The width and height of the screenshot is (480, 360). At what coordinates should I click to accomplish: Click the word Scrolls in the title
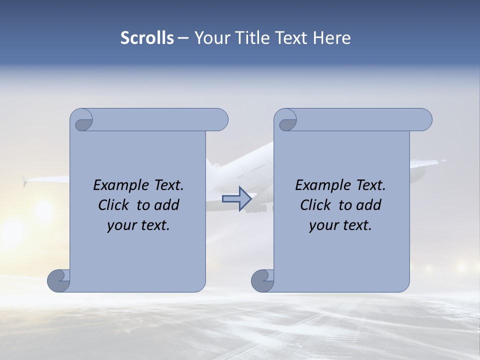[147, 38]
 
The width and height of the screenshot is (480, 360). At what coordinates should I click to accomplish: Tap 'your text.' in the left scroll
[138, 225]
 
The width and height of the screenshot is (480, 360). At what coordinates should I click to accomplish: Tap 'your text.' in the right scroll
[340, 225]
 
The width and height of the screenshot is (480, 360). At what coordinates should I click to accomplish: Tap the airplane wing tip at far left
[24, 181]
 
